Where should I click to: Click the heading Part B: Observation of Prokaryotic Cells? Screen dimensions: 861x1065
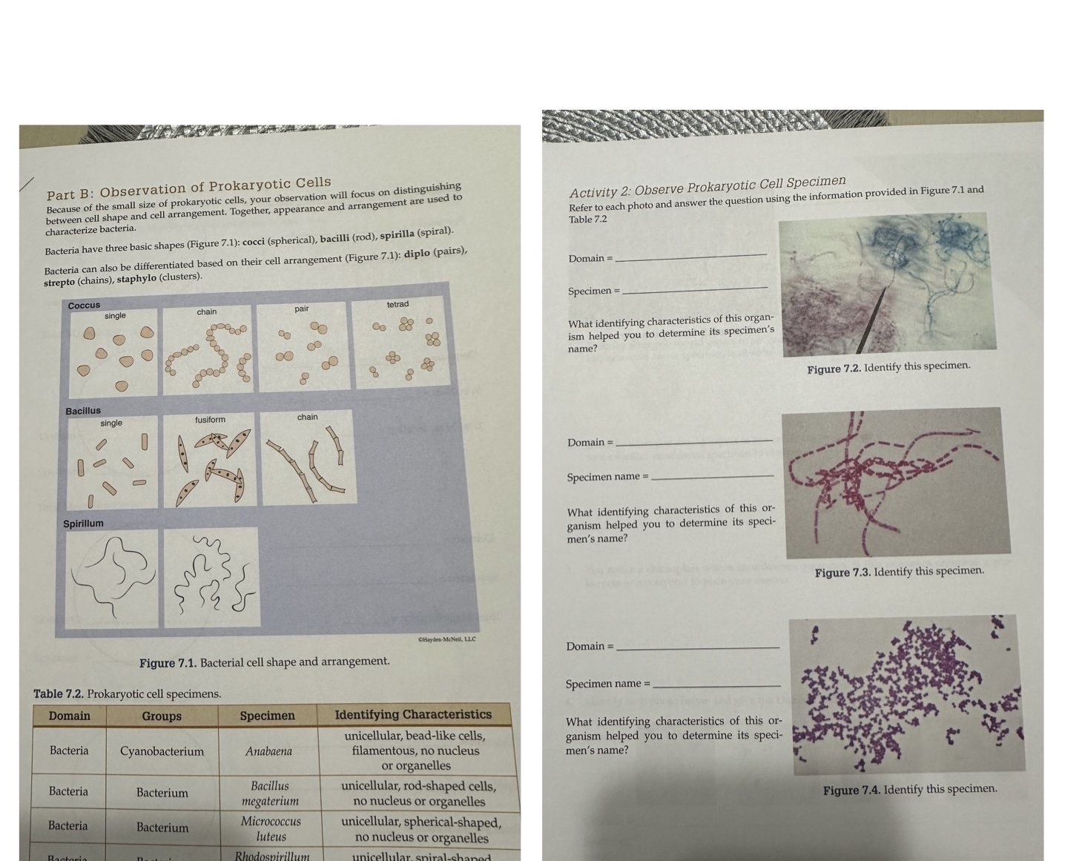[189, 188]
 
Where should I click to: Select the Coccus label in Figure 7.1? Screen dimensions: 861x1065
[84, 306]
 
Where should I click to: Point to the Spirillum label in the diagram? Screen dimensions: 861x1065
[83, 524]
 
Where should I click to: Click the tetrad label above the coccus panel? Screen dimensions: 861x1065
[398, 304]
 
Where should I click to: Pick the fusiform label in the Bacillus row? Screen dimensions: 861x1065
[210, 420]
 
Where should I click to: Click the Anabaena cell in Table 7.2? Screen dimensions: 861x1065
[268, 751]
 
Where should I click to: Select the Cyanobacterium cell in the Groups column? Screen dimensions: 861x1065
[162, 751]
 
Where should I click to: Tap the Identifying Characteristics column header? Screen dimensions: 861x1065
[413, 715]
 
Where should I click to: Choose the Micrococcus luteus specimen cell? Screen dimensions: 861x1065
[271, 829]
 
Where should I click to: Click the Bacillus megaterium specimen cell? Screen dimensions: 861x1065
[270, 793]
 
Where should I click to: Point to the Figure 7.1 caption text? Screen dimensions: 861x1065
[264, 662]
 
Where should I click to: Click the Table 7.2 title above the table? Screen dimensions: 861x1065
[127, 694]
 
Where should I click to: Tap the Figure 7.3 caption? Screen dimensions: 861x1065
[899, 572]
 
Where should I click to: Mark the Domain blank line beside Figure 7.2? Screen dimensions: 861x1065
[690, 257]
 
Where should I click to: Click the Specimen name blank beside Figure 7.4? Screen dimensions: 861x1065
[716, 684]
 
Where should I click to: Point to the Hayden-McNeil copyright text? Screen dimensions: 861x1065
[446, 639]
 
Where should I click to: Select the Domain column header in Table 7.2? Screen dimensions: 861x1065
[69, 716]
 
